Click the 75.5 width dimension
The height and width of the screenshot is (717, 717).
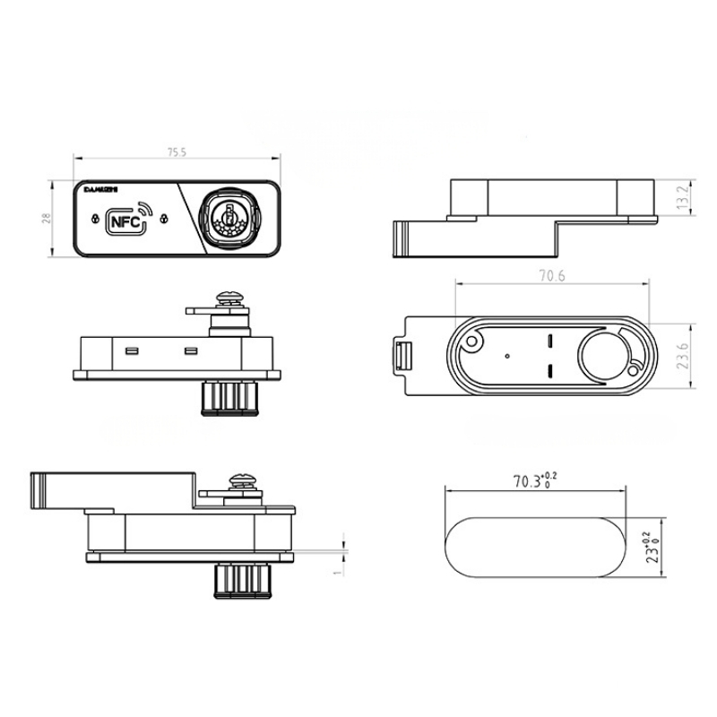tap(176, 152)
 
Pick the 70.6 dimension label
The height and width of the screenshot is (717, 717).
tap(552, 277)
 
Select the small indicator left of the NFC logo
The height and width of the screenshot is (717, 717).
tap(94, 218)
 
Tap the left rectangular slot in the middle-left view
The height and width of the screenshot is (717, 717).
tap(131, 350)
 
